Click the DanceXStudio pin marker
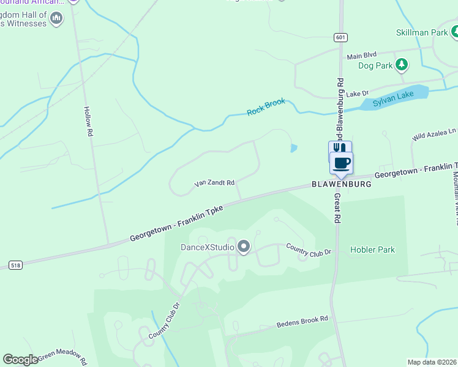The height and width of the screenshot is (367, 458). (244, 247)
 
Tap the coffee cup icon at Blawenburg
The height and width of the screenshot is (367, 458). (342, 163)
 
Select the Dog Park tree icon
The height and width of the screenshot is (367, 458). (401, 64)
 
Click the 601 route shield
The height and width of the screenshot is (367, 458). (340, 38)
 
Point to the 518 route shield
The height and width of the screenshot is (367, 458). (15, 265)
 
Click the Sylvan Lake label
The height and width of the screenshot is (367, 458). (393, 98)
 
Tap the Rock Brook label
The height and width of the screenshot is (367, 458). (266, 107)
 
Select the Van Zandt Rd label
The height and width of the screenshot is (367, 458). (214, 183)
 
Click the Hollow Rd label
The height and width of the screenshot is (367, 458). (89, 121)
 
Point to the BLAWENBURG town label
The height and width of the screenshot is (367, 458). (342, 184)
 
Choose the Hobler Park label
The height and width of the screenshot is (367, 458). (372, 250)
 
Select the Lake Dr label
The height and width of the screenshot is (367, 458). (357, 94)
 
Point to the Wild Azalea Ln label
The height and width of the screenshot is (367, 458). (434, 135)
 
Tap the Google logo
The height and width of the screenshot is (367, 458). (20, 360)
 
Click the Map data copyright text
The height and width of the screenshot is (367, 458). (432, 362)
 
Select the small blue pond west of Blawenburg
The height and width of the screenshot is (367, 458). (294, 148)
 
